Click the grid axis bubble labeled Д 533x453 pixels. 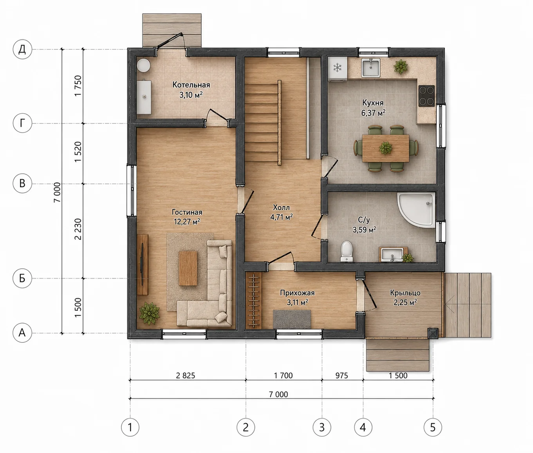[22, 49]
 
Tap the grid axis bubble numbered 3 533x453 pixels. [322, 428]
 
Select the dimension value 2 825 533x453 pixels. [185, 376]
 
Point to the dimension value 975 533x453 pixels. [341, 376]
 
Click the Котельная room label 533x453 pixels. [192, 85]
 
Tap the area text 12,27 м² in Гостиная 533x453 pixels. [187, 221]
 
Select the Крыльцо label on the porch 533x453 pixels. [405, 293]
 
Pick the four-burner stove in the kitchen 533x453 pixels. [426, 96]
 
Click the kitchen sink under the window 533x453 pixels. [371, 68]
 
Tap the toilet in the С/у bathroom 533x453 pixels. [347, 251]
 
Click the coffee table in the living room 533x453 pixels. [188, 268]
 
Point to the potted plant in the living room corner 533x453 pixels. [149, 313]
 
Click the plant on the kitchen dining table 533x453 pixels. [386, 148]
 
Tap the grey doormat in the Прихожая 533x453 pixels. [292, 319]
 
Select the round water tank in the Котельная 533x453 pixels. [143, 65]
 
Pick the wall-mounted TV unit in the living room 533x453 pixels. [142, 265]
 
